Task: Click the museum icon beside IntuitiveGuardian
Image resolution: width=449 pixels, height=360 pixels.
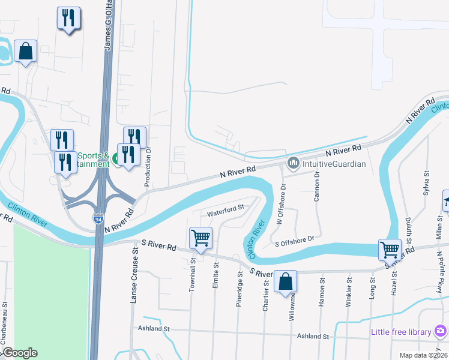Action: click(294, 163)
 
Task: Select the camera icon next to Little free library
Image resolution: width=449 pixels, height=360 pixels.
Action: click(441, 331)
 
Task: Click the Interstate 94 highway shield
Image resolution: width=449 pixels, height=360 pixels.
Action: click(98, 220)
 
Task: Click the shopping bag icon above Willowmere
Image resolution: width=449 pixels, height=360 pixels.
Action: click(286, 280)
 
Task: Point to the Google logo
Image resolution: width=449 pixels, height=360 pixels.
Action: click(19, 353)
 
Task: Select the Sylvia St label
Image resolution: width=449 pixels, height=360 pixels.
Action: click(427, 182)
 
